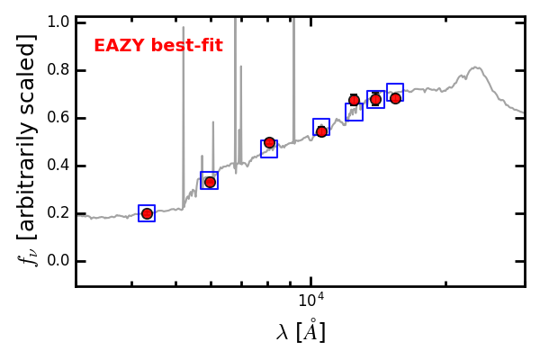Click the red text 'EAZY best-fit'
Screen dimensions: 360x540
coord(158,46)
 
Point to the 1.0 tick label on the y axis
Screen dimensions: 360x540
coord(59,22)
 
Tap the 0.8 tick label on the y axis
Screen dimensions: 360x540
coord(59,70)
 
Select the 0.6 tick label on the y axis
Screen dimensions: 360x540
coord(59,118)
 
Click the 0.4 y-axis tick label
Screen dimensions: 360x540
coord(59,166)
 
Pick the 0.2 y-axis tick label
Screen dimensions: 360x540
coord(59,213)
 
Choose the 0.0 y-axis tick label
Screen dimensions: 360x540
coord(59,261)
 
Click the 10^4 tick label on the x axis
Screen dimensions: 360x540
coord(311,300)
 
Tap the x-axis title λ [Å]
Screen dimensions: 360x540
coord(301,332)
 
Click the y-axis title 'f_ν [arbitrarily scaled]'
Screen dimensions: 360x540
coord(27,149)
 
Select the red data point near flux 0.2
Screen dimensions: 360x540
coord(147,213)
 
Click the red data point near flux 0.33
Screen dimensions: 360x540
coord(210,182)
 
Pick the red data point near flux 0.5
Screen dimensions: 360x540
coord(269,142)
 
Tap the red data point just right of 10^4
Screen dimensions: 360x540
coord(321,131)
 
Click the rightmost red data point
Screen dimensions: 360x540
coord(395,98)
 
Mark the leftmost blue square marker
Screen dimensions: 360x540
coord(147,213)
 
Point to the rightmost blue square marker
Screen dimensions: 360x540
coord(395,92)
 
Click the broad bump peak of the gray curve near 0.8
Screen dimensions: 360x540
coord(475,67)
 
